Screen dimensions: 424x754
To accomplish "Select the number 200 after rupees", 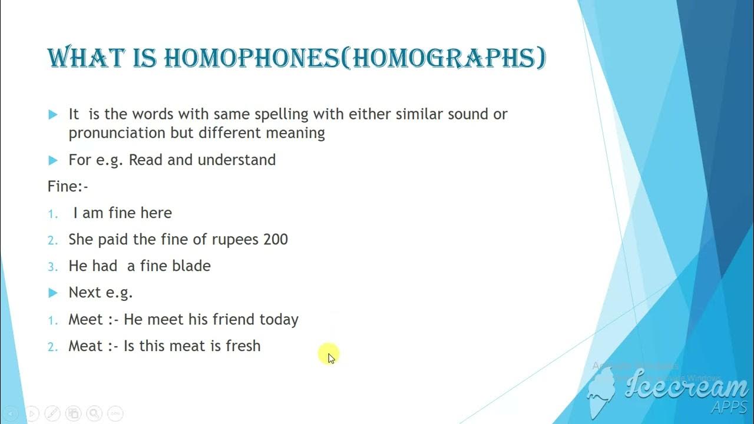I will click(x=276, y=240).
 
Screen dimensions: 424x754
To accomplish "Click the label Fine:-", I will click(x=68, y=187).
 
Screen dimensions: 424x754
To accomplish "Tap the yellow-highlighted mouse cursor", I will click(x=329, y=355).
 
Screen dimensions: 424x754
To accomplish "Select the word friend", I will click(x=234, y=320).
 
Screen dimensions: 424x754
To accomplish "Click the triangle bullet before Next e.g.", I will click(x=53, y=293).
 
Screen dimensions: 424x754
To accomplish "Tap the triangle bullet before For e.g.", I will click(x=53, y=160).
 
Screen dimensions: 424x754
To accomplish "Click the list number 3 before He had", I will click(x=53, y=267).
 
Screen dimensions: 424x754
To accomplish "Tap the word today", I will click(x=279, y=320).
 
